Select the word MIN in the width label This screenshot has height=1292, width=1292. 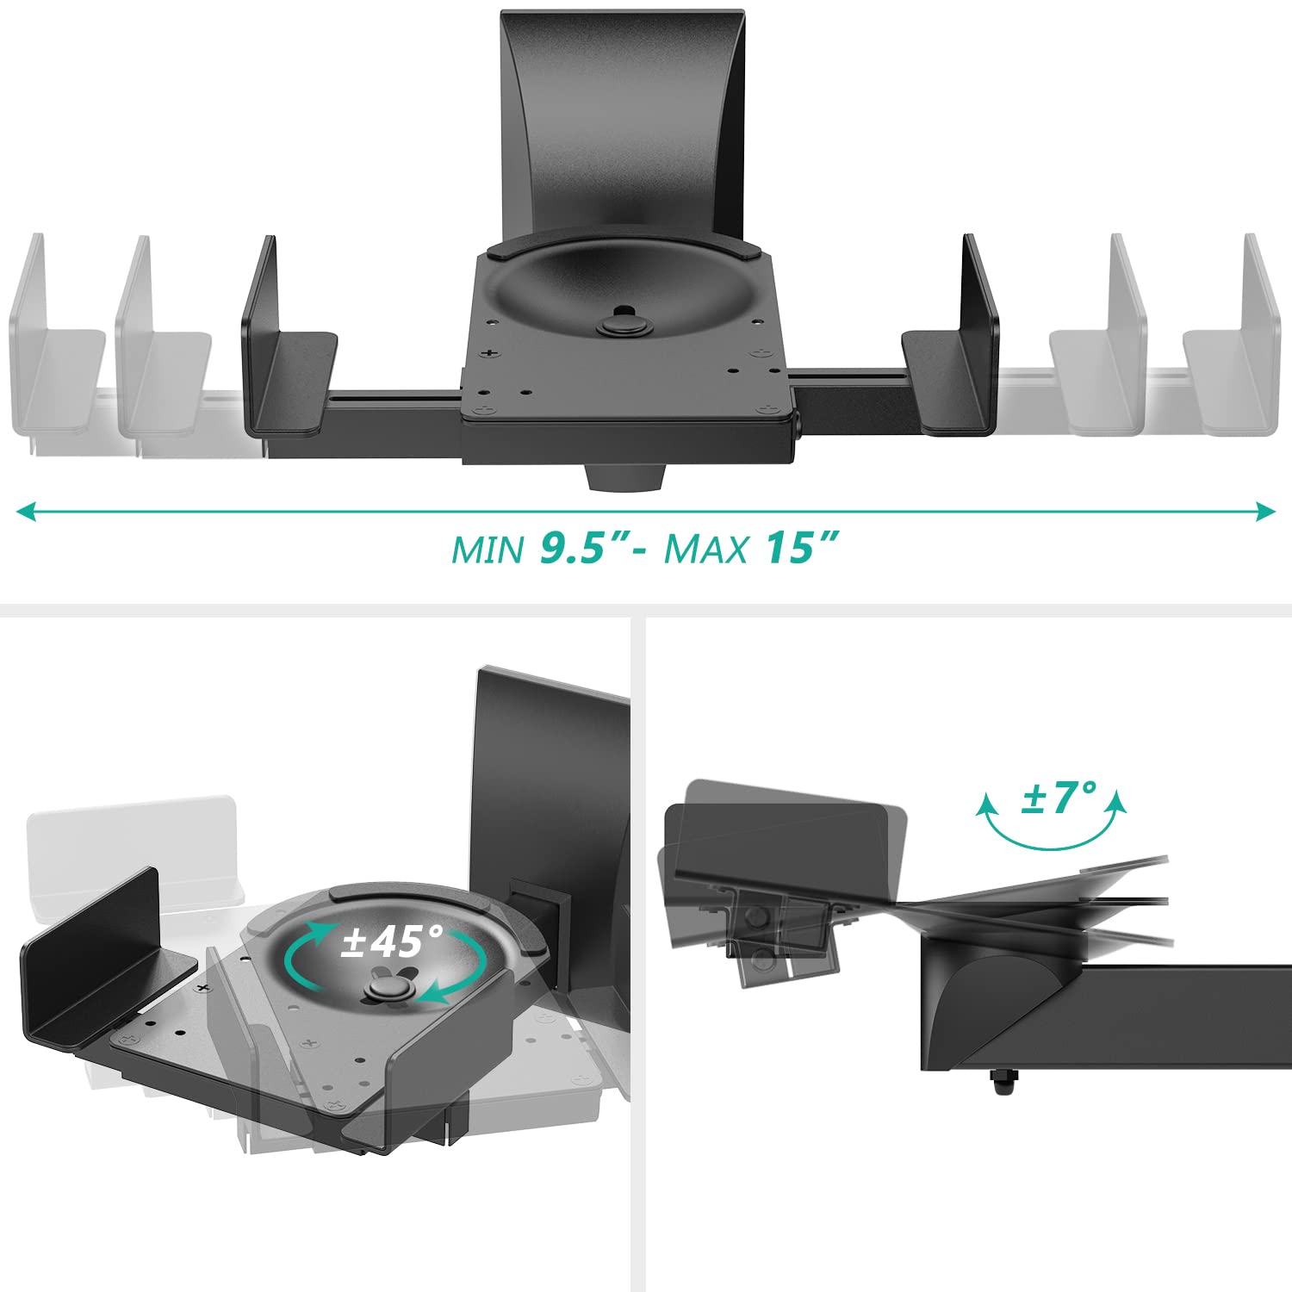tap(488, 550)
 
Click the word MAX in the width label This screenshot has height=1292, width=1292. tap(705, 550)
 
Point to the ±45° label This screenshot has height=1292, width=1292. tap(392, 941)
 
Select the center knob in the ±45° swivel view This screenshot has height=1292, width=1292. tap(382, 986)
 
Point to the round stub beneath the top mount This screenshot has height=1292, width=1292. tap(628, 475)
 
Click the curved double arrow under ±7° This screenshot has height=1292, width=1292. tap(1052, 827)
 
